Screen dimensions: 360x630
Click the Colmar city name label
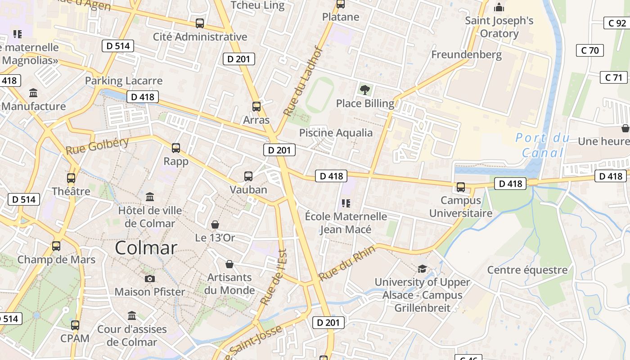(x=146, y=247)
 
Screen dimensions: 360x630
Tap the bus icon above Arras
(x=256, y=107)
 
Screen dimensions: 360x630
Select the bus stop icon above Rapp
(x=176, y=148)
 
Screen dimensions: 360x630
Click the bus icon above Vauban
(x=248, y=176)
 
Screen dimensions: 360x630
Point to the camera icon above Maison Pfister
(x=150, y=279)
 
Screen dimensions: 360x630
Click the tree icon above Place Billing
(x=365, y=90)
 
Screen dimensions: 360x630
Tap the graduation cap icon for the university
(x=422, y=269)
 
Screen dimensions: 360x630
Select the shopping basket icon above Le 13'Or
(x=215, y=224)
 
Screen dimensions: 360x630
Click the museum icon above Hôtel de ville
(x=150, y=197)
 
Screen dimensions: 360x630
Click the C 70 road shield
(x=590, y=50)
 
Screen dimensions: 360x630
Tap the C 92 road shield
(x=617, y=23)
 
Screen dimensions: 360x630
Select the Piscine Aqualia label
(x=336, y=133)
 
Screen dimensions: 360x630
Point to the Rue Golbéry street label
(x=97, y=146)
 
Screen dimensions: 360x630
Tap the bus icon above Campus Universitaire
(x=461, y=187)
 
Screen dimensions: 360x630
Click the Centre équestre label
(x=527, y=270)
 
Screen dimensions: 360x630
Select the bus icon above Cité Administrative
(x=200, y=23)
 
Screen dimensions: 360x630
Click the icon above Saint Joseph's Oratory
(x=499, y=7)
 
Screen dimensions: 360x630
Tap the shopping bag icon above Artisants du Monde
(x=229, y=264)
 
